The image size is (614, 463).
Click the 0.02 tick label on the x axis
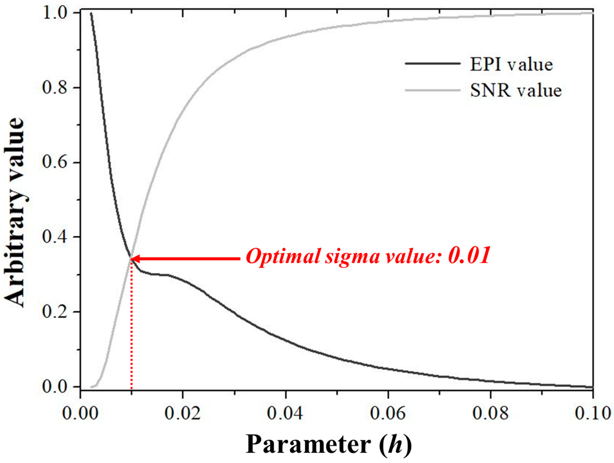pos(182,413)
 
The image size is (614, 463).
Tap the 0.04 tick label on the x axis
pos(285,413)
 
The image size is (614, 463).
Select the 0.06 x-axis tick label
pos(388,413)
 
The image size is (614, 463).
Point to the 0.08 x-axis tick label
pos(490,413)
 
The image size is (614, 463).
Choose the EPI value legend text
pos(511,64)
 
